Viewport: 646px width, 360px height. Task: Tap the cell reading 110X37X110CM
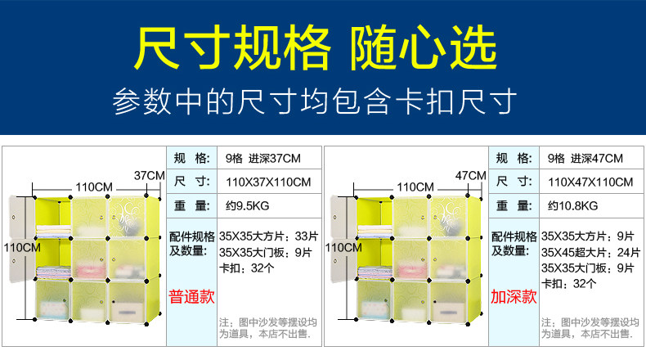coord(268,181)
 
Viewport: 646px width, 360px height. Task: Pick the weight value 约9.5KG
coord(246,205)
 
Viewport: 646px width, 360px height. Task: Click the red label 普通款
coord(192,295)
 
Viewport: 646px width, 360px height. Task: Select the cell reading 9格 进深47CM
coord(585,158)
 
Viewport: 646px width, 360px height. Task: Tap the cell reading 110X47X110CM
coord(590,181)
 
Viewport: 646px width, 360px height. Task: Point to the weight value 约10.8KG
coord(572,205)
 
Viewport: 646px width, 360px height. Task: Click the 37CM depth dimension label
coord(149,175)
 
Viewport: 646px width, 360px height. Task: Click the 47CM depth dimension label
coord(470,175)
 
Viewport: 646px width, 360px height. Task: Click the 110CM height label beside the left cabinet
coord(20,246)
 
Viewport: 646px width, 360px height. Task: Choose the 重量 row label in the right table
coord(514,205)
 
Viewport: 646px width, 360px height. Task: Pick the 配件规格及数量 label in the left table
coord(192,243)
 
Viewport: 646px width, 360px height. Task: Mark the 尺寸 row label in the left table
coord(192,181)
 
